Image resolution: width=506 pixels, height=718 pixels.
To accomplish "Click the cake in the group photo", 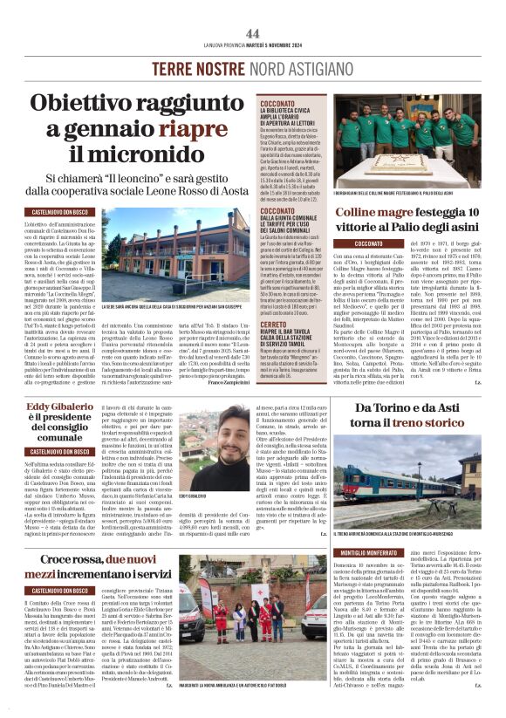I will click(404, 163).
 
